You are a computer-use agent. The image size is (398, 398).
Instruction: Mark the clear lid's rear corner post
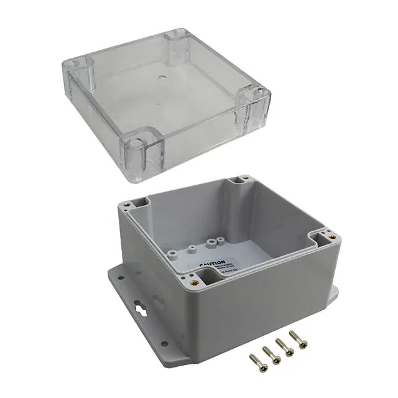click(x=176, y=44)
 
